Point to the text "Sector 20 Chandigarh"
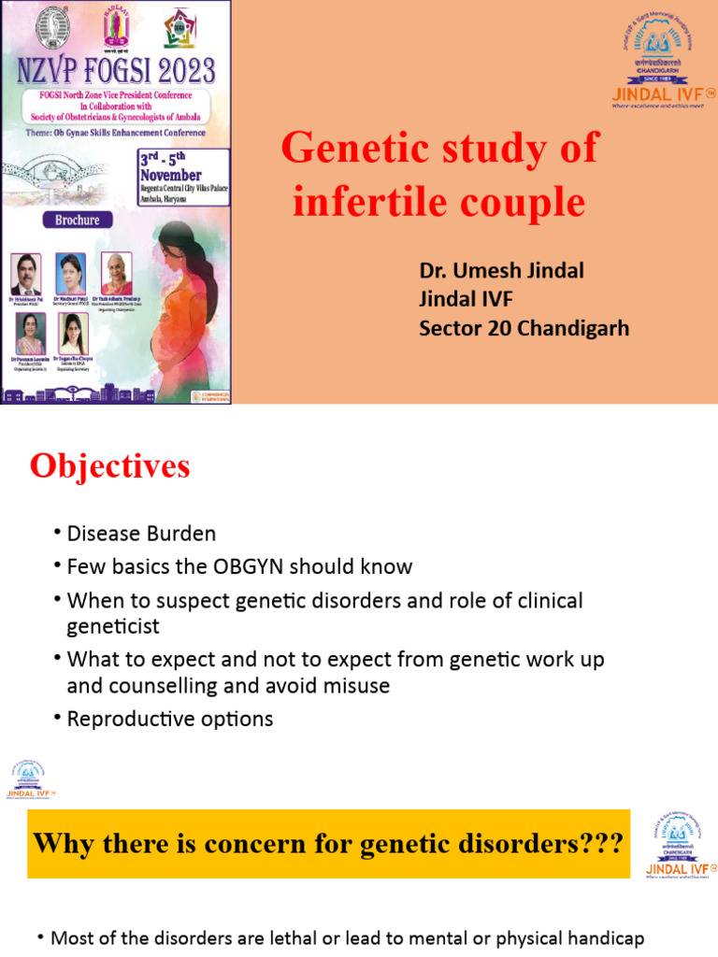click(524, 328)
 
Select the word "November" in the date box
click(171, 175)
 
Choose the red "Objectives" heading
click(109, 466)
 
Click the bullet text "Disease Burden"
click(141, 534)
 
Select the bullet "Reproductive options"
click(170, 719)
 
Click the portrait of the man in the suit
click(26, 274)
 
